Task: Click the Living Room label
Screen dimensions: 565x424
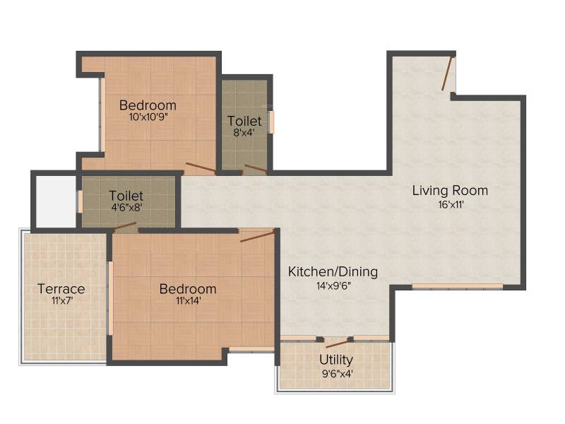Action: point(450,190)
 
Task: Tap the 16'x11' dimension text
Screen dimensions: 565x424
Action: point(451,205)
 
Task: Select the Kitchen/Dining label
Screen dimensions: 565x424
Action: point(333,272)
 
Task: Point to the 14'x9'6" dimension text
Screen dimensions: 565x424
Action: point(333,286)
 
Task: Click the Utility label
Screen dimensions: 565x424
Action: point(336,360)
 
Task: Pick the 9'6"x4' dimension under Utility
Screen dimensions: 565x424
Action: point(337,374)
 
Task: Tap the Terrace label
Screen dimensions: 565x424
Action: point(61,289)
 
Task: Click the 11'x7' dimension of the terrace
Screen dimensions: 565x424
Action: point(62,300)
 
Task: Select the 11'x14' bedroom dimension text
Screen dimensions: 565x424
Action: point(189,300)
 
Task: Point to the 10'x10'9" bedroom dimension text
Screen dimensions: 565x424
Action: point(148,117)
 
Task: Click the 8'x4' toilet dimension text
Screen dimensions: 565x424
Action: point(244,132)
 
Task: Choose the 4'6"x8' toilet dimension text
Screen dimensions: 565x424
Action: point(126,207)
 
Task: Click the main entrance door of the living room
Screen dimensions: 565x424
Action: point(448,73)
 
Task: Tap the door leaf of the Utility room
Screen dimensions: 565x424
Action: point(338,343)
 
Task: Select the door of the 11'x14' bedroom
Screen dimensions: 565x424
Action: point(257,237)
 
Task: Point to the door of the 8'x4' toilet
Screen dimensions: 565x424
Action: point(256,169)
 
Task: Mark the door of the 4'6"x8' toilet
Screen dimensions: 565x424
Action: point(125,226)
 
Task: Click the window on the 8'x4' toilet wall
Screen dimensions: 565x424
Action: point(271,122)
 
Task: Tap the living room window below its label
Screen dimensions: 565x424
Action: point(457,287)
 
